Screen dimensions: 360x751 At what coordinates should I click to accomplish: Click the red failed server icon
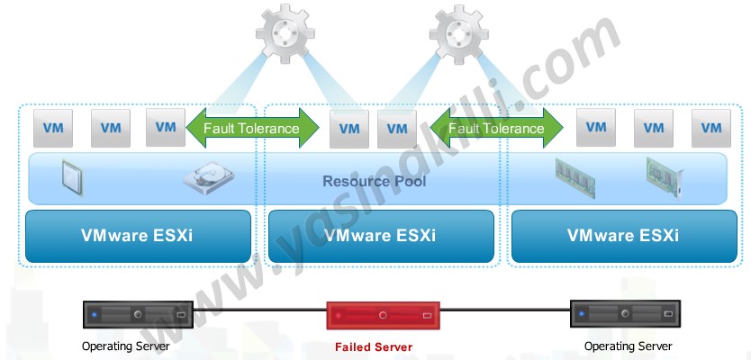point(383,317)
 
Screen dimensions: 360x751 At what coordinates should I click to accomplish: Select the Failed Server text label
point(373,346)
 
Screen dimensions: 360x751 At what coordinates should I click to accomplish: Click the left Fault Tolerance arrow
point(251,129)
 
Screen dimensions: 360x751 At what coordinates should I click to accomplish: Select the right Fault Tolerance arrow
point(496,129)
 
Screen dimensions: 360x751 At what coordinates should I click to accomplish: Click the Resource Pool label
point(374,182)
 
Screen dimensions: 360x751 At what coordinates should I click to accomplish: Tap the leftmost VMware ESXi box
point(138,236)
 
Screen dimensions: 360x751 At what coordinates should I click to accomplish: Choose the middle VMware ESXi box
point(380,236)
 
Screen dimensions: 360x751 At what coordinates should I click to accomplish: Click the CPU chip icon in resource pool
point(73,177)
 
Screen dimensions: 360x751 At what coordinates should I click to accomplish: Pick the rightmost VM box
point(710,129)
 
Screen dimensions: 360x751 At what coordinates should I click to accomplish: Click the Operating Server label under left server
point(125,346)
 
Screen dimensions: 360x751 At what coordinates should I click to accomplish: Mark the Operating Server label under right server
point(628,346)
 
